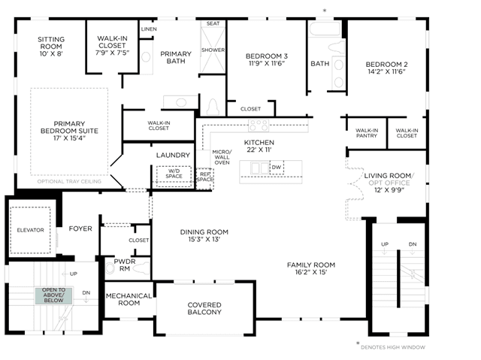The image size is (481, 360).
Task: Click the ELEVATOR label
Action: pos(30,230)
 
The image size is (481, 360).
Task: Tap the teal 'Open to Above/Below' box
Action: pos(53,295)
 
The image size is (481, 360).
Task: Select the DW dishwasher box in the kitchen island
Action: pos(277,168)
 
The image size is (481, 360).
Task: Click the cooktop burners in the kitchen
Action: pos(259,126)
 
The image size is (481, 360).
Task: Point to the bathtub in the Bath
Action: pos(325,29)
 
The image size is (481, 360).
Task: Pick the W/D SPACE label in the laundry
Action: pos(174,174)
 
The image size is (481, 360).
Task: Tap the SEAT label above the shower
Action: pos(213,23)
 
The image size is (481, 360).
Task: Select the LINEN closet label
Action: pos(149,29)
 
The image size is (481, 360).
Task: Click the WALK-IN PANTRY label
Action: pos(367,133)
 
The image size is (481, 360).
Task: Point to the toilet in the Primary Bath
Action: pos(213,107)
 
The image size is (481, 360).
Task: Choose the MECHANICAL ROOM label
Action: pos(129,299)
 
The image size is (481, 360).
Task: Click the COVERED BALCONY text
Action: pos(204,308)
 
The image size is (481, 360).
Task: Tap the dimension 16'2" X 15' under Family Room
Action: pos(311,272)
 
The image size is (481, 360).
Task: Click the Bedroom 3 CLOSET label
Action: pos(250,109)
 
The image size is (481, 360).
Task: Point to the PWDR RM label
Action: pos(125,265)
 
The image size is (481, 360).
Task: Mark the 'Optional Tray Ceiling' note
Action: pos(69,182)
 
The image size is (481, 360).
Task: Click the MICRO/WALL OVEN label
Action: pos(222,157)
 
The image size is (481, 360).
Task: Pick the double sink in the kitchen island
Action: pos(260,168)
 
